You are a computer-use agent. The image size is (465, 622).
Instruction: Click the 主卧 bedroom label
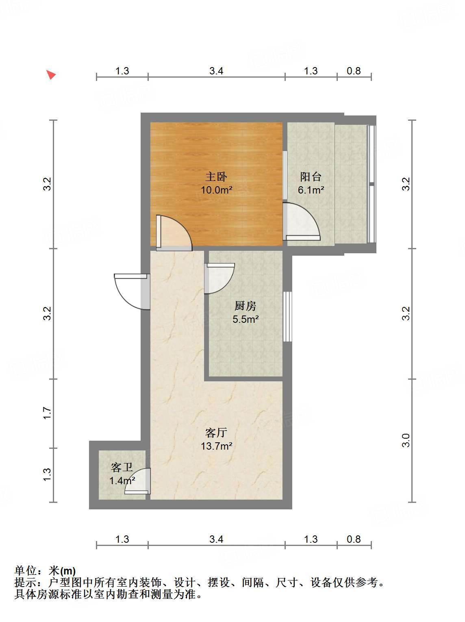coord(216,176)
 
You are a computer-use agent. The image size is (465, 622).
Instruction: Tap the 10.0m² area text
coord(216,190)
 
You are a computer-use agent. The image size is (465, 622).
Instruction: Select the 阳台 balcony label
coord(311,176)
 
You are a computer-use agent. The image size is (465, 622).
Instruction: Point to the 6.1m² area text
coord(311,190)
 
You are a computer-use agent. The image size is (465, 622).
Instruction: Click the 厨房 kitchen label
coord(246,306)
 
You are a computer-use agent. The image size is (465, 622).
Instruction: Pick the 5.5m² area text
coord(246,319)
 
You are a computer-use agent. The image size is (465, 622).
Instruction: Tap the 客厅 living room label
coord(216,433)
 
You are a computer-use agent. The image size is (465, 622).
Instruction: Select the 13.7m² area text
coord(216,446)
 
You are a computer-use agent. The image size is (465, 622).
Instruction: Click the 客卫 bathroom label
coord(122,468)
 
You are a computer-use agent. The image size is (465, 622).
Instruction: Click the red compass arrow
coord(50,75)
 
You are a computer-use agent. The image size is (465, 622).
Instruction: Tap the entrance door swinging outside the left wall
coord(131,291)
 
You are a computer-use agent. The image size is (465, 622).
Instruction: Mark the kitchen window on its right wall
coord(287,316)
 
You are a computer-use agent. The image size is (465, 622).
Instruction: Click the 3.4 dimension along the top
coord(216,71)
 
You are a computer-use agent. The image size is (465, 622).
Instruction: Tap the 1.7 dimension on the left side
coord(48,413)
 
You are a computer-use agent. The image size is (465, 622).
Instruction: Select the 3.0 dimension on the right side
coord(406,440)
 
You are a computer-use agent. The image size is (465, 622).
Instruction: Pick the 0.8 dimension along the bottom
coord(354,539)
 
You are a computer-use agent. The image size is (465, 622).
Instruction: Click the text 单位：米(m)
coord(45,571)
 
